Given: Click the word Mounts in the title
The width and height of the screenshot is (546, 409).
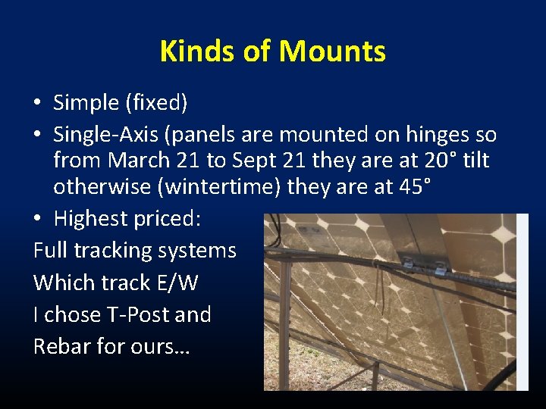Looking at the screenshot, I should coord(332,52).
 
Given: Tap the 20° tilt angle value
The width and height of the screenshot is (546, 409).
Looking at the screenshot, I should coord(436,161).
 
